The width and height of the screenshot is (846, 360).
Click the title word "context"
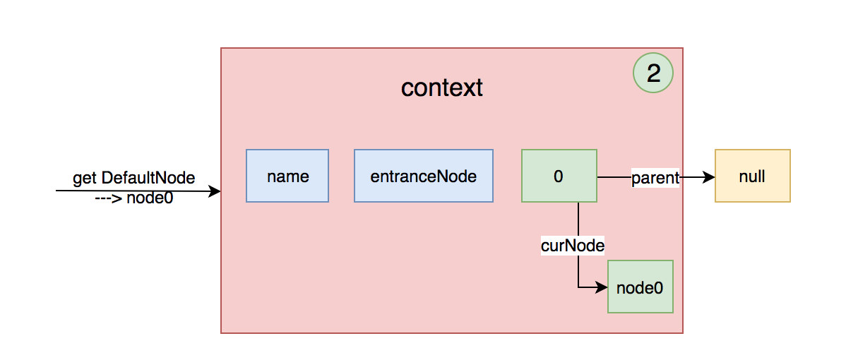[441, 88]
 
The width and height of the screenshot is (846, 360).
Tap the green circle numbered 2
[653, 73]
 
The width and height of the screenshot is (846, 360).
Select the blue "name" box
[287, 176]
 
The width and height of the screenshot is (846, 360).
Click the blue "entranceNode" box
[423, 176]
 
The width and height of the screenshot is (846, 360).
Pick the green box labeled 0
[559, 176]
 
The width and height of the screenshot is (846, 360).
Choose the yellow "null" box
[752, 176]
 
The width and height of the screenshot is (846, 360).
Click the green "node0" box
[640, 287]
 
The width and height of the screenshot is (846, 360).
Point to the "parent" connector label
[655, 177]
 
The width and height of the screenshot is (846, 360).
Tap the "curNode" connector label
[572, 245]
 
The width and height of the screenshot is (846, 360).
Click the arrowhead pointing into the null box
[709, 177]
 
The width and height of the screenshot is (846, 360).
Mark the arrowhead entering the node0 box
[602, 287]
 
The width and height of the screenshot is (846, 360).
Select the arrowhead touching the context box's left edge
[215, 191]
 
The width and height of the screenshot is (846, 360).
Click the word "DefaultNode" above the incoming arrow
[148, 179]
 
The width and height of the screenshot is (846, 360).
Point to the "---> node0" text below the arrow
[133, 198]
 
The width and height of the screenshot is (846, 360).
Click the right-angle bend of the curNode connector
[578, 287]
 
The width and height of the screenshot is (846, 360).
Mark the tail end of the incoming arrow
[57, 191]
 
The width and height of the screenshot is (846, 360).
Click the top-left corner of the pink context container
[222, 49]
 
